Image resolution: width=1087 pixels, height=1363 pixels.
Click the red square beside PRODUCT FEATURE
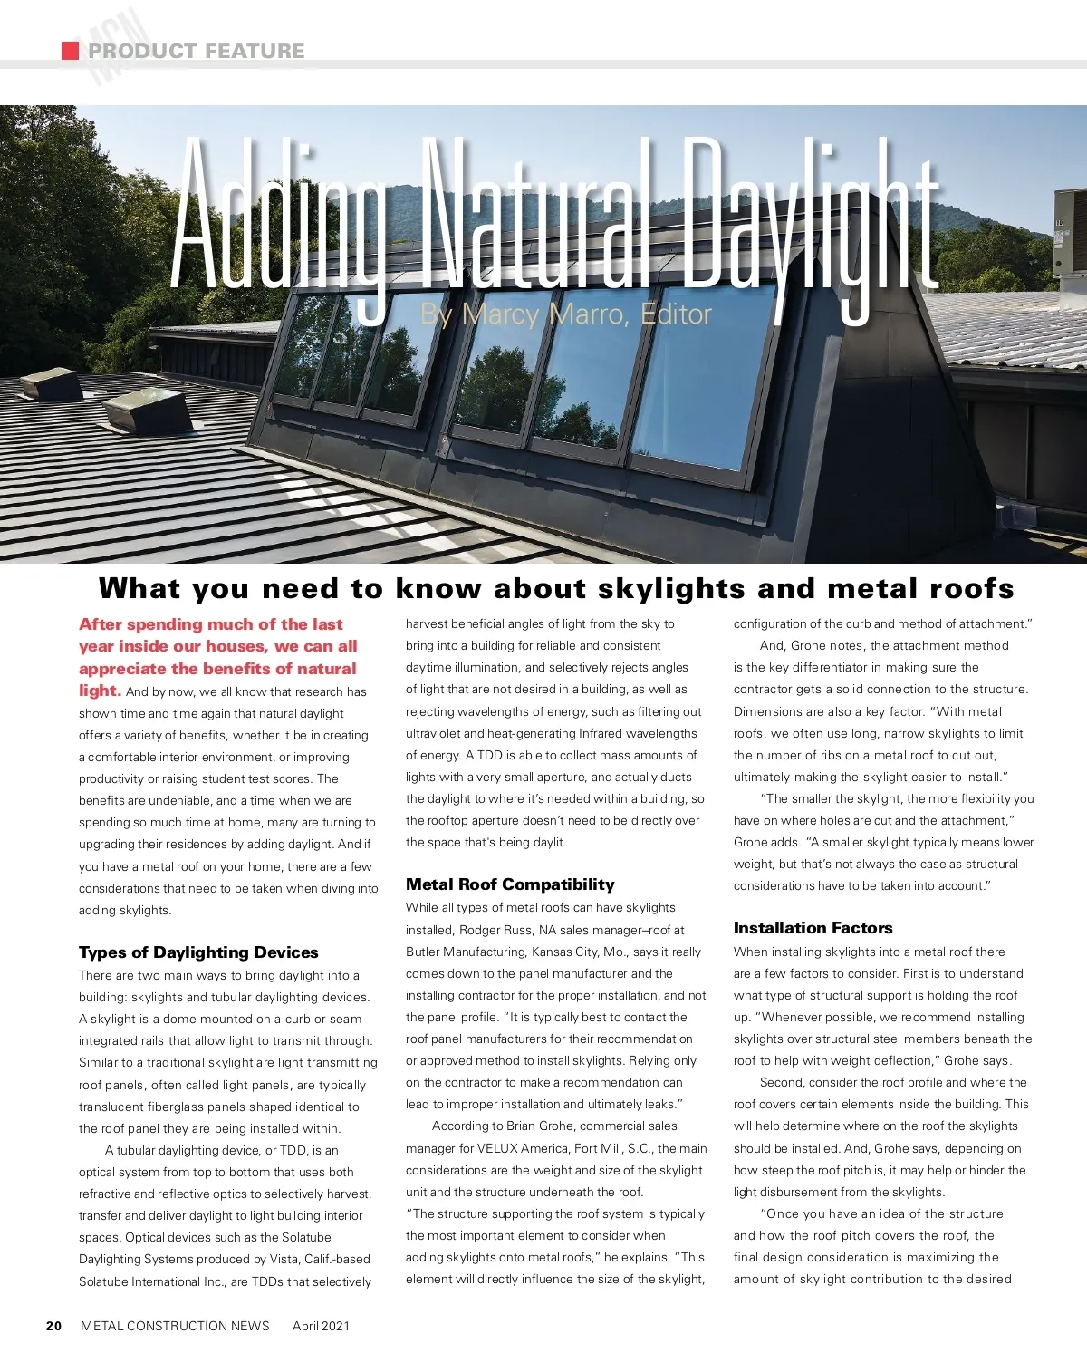pyautogui.click(x=70, y=51)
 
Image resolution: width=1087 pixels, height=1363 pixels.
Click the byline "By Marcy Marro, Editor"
pyautogui.click(x=565, y=314)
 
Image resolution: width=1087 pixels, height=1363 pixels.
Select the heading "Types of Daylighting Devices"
pyautogui.click(x=198, y=952)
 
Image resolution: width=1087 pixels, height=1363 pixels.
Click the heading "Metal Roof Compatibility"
pyautogui.click(x=510, y=884)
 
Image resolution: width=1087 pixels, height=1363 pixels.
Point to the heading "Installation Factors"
pyautogui.click(x=813, y=928)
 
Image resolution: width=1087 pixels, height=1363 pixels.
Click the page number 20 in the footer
pyautogui.click(x=53, y=1326)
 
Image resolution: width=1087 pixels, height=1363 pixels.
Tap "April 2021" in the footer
pyautogui.click(x=321, y=1326)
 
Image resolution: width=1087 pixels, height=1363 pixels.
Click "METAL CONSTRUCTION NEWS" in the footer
pyautogui.click(x=175, y=1326)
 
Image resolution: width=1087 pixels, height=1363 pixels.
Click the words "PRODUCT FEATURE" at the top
pyautogui.click(x=196, y=51)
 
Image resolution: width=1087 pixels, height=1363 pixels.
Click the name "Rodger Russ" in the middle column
pyautogui.click(x=495, y=930)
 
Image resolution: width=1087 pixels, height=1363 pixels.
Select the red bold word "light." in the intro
pyautogui.click(x=100, y=691)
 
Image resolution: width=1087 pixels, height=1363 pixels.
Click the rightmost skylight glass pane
pyautogui.click(x=702, y=381)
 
